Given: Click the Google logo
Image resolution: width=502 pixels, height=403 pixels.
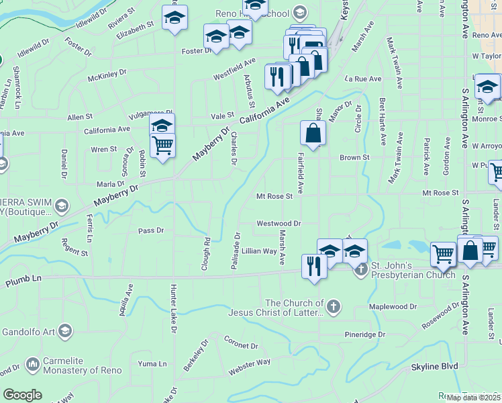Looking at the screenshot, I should (x=22, y=395).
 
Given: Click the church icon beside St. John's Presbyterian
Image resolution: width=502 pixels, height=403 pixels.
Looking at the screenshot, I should (x=360, y=269).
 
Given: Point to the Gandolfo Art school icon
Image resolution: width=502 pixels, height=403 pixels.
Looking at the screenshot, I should (x=64, y=330).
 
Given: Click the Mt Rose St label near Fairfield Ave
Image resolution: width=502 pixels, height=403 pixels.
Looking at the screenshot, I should (x=274, y=197).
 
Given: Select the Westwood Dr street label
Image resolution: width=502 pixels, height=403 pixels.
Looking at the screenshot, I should (x=279, y=223).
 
